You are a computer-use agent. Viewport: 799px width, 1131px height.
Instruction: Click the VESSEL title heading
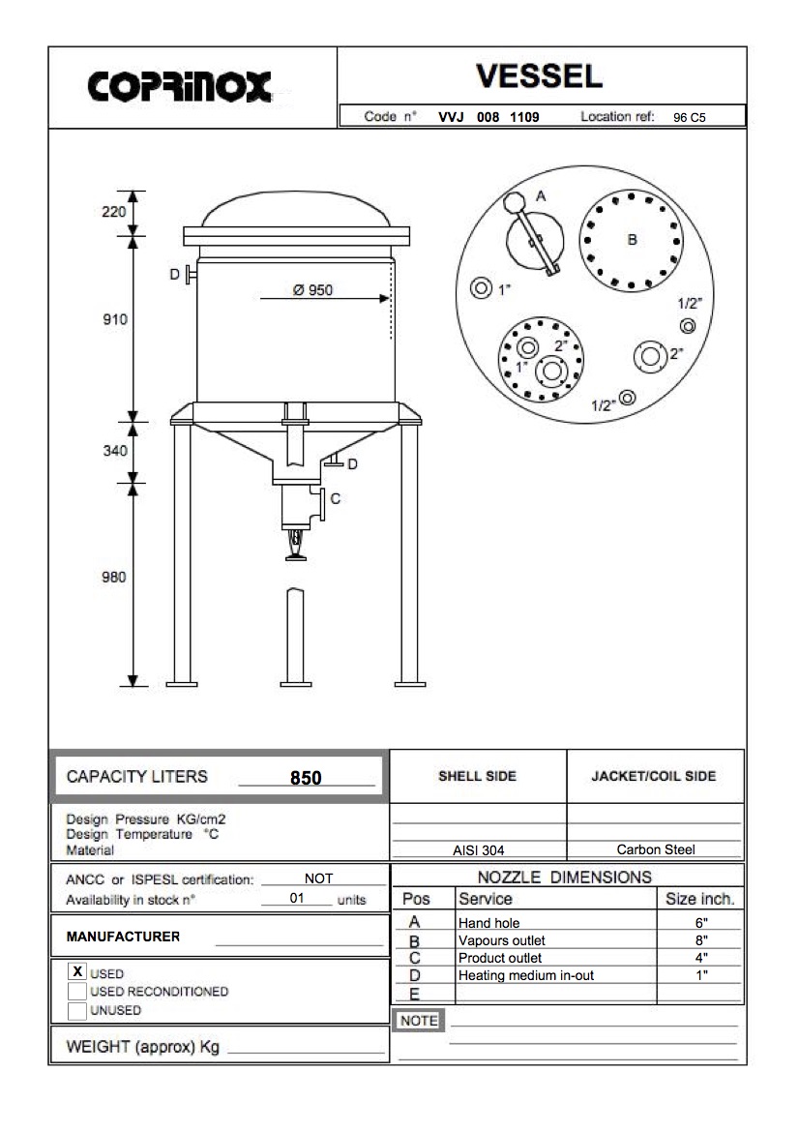[x=540, y=75]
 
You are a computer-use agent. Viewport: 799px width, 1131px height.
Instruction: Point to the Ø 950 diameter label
[x=312, y=290]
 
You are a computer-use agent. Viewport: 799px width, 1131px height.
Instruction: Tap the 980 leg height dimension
[x=115, y=577]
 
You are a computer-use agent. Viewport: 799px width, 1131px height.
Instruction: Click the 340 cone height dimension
[x=115, y=451]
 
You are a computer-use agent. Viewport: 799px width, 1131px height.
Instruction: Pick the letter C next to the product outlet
[x=336, y=499]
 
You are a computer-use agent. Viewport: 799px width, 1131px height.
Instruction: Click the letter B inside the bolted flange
[x=632, y=239]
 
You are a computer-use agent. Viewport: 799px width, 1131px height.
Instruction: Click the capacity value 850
[x=306, y=778]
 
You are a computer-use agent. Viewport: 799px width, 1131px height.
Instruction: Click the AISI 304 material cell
[x=478, y=851]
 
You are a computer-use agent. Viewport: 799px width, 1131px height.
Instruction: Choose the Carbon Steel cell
[x=656, y=850]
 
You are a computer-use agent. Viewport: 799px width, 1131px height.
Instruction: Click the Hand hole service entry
[x=488, y=923]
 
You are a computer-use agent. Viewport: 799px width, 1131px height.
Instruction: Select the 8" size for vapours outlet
[x=701, y=940]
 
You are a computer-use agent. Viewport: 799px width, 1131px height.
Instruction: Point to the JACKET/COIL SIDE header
[x=654, y=777]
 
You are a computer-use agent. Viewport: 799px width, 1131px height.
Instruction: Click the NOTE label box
[x=419, y=1021]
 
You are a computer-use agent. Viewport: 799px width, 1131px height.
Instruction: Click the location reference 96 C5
[x=690, y=118]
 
